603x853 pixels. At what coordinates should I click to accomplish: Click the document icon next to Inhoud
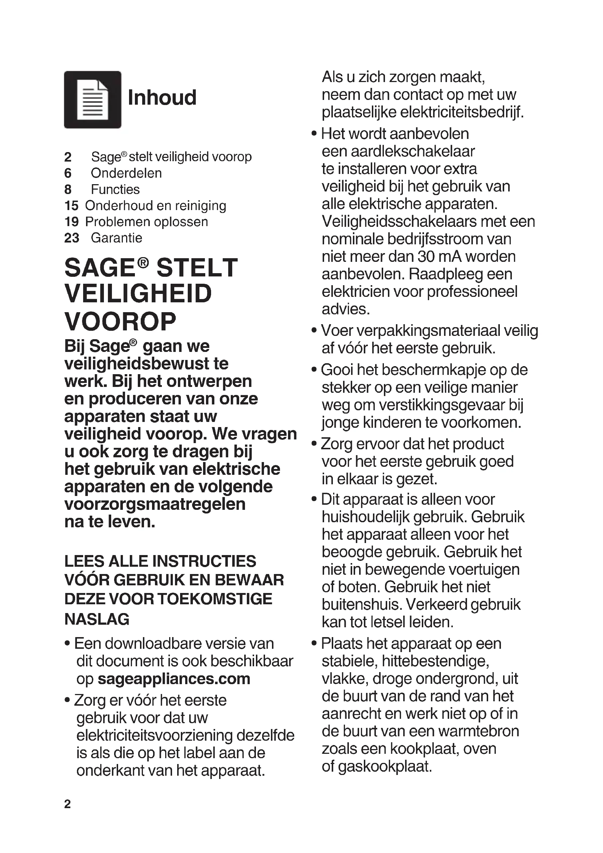[x=93, y=100]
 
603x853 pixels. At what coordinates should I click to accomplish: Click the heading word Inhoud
[x=162, y=98]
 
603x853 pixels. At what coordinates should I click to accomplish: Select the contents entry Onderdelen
[x=126, y=173]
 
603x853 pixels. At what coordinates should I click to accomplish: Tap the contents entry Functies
[x=115, y=190]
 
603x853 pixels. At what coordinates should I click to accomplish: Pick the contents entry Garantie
[x=116, y=238]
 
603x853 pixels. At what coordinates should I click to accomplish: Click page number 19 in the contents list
[x=71, y=222]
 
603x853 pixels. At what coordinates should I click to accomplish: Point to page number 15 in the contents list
[x=71, y=205]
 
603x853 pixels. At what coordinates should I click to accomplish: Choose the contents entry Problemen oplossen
[x=147, y=222]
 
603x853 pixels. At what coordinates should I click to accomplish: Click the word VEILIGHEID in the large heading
[x=138, y=294]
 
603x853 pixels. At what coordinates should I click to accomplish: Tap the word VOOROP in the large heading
[x=120, y=321]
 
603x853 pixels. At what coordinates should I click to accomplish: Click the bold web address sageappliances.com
[x=174, y=679]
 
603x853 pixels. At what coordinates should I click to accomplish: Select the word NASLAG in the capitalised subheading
[x=97, y=619]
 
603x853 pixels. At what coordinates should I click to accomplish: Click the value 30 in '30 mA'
[x=426, y=256]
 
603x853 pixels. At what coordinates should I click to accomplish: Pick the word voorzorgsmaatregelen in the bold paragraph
[x=155, y=504]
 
